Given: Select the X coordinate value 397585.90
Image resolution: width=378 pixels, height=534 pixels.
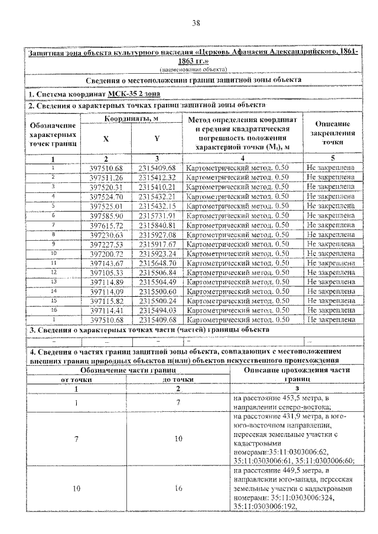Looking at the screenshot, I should click(106, 216).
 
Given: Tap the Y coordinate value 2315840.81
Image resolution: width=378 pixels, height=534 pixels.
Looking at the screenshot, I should click(157, 225).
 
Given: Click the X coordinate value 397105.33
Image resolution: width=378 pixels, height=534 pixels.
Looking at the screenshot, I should click(106, 273).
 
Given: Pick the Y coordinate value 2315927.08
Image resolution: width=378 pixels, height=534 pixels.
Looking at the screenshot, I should click(157, 235).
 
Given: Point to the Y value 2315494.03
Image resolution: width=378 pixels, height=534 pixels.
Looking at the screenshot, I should click(157, 310).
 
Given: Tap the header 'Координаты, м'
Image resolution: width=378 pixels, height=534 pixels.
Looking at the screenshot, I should click(131, 119).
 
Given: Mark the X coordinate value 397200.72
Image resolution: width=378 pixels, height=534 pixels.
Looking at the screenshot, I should click(106, 254).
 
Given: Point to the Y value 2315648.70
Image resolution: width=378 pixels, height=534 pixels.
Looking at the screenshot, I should click(157, 263).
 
